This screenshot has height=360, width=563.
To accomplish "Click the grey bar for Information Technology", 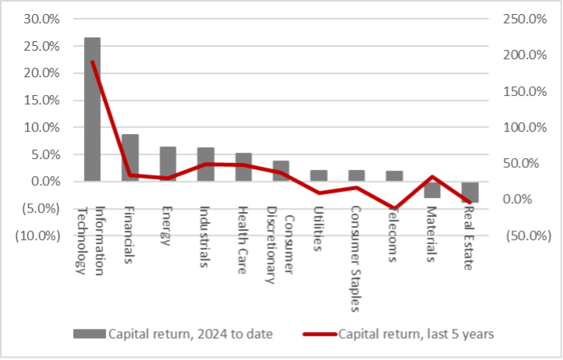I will pyautogui.click(x=92, y=109).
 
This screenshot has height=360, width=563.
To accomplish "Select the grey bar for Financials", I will pyautogui.click(x=130, y=157).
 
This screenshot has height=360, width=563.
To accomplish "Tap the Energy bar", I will pyautogui.click(x=168, y=164).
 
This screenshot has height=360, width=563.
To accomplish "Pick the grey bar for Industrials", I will pyautogui.click(x=206, y=164).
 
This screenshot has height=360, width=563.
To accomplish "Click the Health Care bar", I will pyautogui.click(x=243, y=167).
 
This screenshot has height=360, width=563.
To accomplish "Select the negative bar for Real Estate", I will pyautogui.click(x=469, y=192).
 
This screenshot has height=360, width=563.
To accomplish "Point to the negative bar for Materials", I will pyautogui.click(x=432, y=189).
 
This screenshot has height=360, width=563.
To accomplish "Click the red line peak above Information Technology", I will pyautogui.click(x=93, y=62).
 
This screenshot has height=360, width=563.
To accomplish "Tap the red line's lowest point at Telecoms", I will pyautogui.click(x=395, y=209).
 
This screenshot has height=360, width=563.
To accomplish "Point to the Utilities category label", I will pyautogui.click(x=318, y=230).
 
